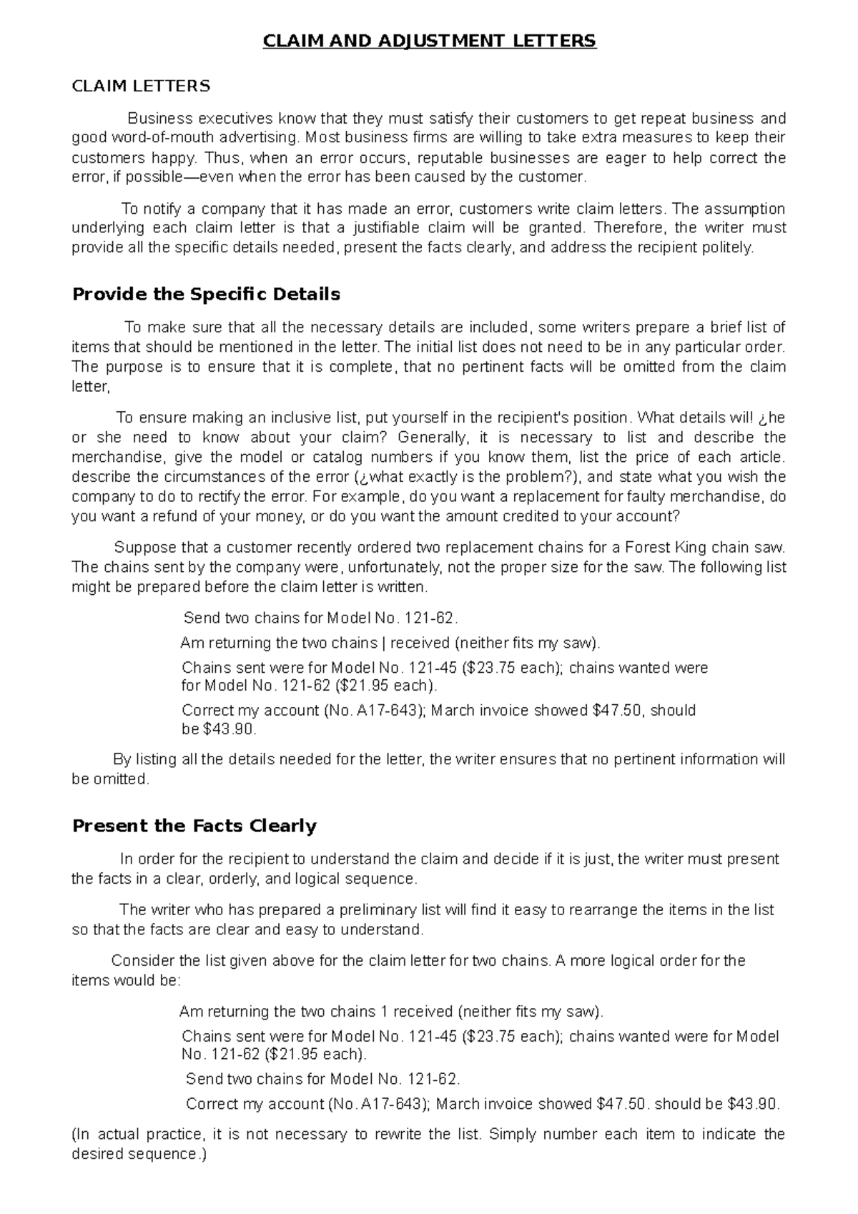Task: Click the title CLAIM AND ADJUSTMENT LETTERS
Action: click(429, 41)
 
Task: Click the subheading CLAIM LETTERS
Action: click(141, 87)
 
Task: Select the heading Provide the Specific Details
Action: click(206, 295)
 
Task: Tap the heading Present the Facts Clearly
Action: click(194, 826)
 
